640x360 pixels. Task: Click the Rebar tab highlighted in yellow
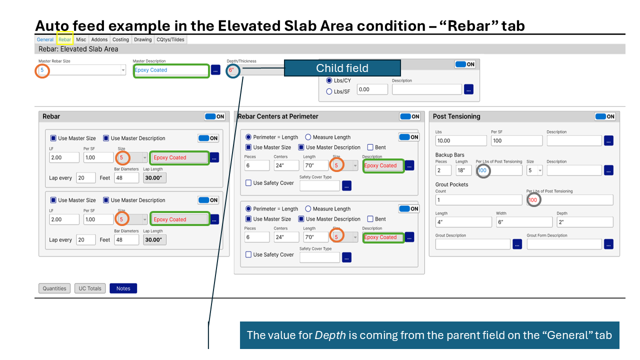[65, 39]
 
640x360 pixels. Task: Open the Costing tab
[120, 39]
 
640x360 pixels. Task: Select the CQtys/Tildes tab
[170, 39]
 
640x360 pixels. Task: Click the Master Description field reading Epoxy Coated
[171, 70]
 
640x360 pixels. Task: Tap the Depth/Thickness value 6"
[231, 70]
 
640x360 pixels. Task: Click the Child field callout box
[342, 68]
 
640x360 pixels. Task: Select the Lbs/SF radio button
[329, 91]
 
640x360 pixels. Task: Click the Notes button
[123, 288]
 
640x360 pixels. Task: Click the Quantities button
[54, 288]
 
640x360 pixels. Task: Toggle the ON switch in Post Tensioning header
[605, 116]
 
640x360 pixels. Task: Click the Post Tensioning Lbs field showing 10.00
[461, 140]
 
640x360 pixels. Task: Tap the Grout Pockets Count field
[478, 200]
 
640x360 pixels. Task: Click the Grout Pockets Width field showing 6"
[524, 222]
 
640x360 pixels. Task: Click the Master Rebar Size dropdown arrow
[123, 70]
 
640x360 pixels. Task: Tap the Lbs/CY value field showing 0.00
[372, 89]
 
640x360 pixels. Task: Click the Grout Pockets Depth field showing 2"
[585, 222]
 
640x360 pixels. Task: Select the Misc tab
[81, 39]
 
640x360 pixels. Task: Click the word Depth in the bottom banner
[330, 335]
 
